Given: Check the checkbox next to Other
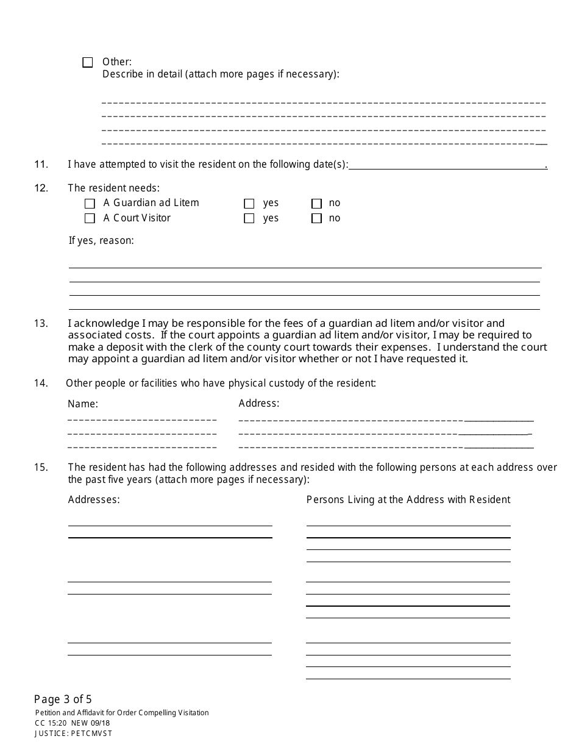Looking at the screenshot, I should tap(88, 62).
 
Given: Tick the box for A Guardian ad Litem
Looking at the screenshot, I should tap(90, 204).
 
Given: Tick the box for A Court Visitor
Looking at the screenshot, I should tap(90, 218).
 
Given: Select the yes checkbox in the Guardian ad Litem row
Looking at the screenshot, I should tap(249, 204).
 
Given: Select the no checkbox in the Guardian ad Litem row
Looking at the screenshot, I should tap(316, 204).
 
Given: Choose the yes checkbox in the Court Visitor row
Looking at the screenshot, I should tap(249, 218).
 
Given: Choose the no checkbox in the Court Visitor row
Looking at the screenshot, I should tap(316, 218).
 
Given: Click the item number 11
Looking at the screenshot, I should tap(41, 164).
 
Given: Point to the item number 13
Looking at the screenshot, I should tap(41, 323).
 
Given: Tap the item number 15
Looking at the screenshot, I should tap(41, 468).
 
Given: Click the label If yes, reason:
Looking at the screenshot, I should tap(101, 241).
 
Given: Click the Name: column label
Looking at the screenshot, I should tap(83, 404).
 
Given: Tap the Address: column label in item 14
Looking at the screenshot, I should tap(259, 403).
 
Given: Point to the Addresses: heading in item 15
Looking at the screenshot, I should tap(94, 500).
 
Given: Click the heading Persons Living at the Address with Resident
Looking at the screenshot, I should tap(408, 500).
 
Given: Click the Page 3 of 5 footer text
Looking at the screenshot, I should tap(63, 699).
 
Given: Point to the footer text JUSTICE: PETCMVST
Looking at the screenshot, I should tap(73, 734).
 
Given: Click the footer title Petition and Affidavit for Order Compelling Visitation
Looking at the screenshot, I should tap(122, 713).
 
